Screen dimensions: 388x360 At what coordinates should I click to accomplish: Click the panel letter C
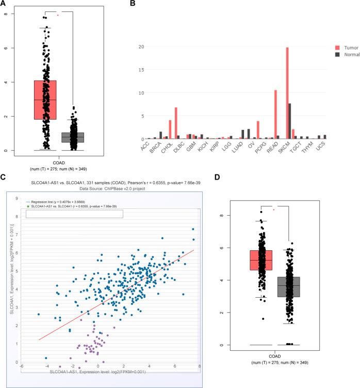(x=4, y=177)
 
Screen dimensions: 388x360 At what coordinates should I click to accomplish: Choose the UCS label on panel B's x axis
(x=322, y=147)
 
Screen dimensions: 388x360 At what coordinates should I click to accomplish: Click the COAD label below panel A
(x=58, y=159)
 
